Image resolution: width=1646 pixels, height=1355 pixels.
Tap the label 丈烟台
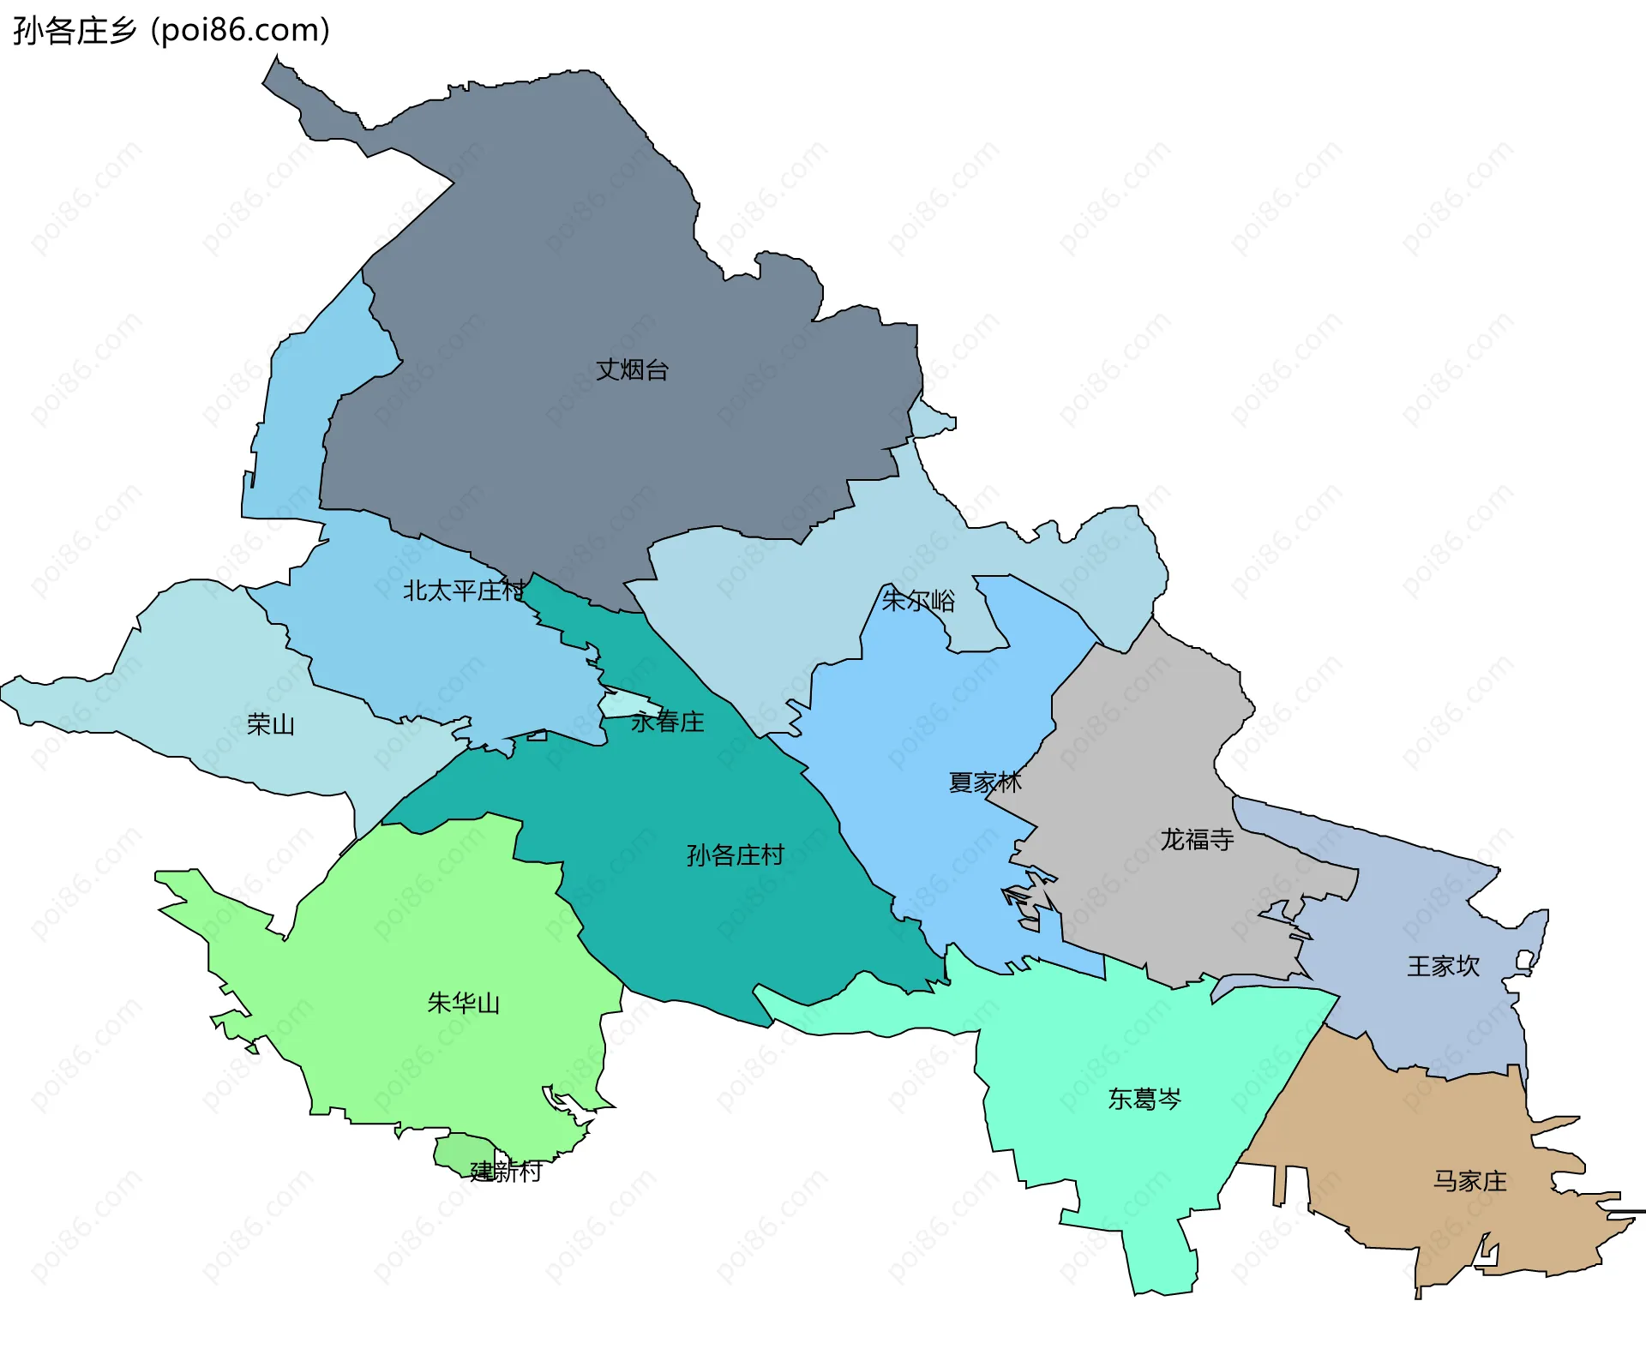(632, 370)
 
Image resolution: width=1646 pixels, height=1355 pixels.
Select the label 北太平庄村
(464, 591)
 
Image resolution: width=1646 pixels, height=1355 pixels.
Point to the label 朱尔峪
(918, 600)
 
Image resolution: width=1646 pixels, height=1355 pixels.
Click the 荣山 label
(271, 725)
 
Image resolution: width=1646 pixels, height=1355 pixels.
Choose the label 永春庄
(668, 722)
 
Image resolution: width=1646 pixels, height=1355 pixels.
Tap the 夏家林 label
(985, 782)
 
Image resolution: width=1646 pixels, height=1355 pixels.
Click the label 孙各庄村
(736, 854)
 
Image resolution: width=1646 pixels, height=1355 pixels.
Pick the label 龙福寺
(1197, 839)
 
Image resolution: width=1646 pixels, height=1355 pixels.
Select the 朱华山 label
(463, 1003)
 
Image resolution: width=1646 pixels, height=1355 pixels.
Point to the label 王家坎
(1443, 966)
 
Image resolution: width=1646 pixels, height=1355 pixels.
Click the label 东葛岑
(1144, 1099)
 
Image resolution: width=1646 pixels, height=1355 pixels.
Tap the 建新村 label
(506, 1171)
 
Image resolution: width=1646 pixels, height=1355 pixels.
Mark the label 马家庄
(1469, 1181)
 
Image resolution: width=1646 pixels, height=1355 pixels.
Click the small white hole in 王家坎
(1524, 960)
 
